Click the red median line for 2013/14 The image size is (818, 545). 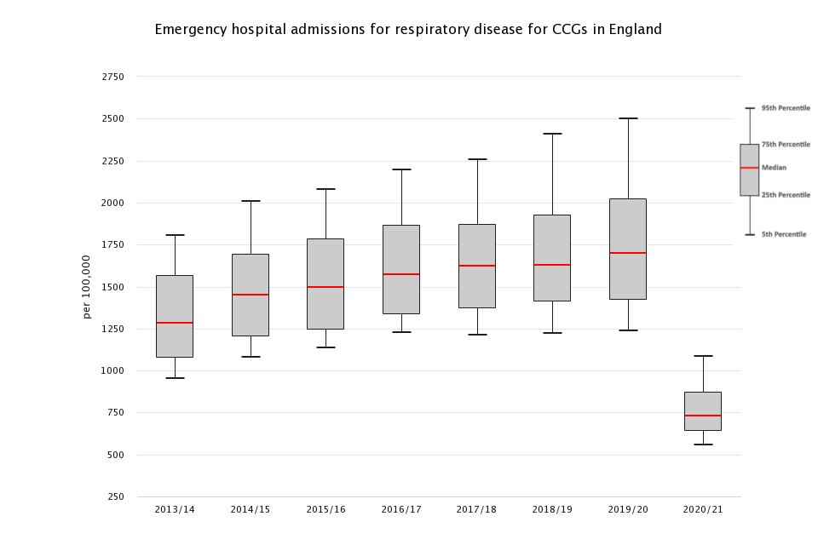point(175,323)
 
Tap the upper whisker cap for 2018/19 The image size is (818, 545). point(552,134)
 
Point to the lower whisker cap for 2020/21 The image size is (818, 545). point(703,445)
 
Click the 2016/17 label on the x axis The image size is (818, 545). point(401,509)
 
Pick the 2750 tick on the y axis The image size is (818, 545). point(112,77)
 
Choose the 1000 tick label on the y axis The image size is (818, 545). point(112,370)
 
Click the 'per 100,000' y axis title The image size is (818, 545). point(87,287)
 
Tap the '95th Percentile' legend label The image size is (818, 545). point(786,108)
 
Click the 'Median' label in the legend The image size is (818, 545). point(774,168)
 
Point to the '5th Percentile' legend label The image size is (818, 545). point(783,234)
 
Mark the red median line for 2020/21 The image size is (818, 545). point(703,416)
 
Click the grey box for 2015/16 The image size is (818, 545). point(325,264)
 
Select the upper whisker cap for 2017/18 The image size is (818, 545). point(477,159)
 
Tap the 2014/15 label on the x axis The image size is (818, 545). point(251,509)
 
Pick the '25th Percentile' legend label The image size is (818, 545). point(786,195)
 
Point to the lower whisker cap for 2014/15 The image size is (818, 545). point(251,357)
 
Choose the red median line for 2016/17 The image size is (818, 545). point(401,274)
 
